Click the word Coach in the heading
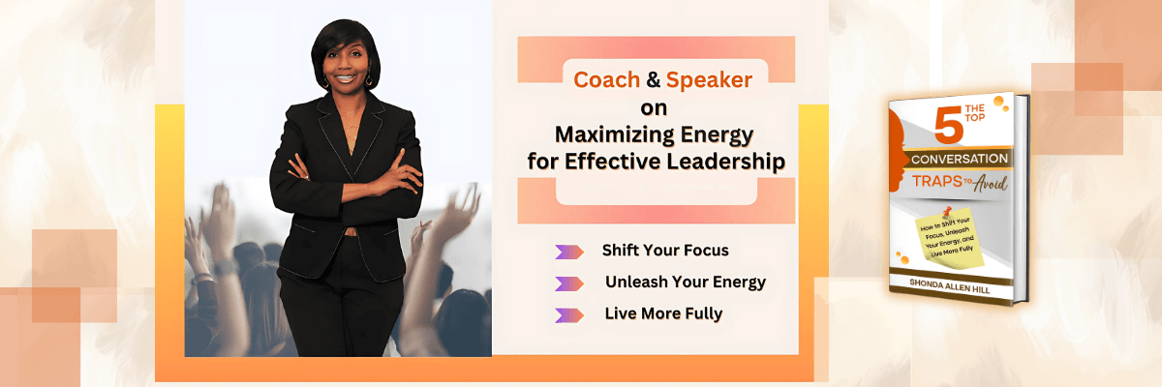click(x=606, y=79)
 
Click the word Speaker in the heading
click(x=709, y=80)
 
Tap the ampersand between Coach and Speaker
click(x=653, y=79)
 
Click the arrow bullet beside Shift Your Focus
click(x=569, y=252)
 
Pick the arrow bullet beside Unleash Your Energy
click(x=569, y=283)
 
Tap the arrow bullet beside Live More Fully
click(x=569, y=315)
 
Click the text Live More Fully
click(x=663, y=313)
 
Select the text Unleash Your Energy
click(x=686, y=282)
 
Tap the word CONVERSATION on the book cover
click(x=960, y=159)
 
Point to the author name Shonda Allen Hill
click(x=949, y=285)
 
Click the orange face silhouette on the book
click(x=898, y=151)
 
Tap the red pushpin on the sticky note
click(x=946, y=211)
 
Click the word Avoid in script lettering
click(x=991, y=183)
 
